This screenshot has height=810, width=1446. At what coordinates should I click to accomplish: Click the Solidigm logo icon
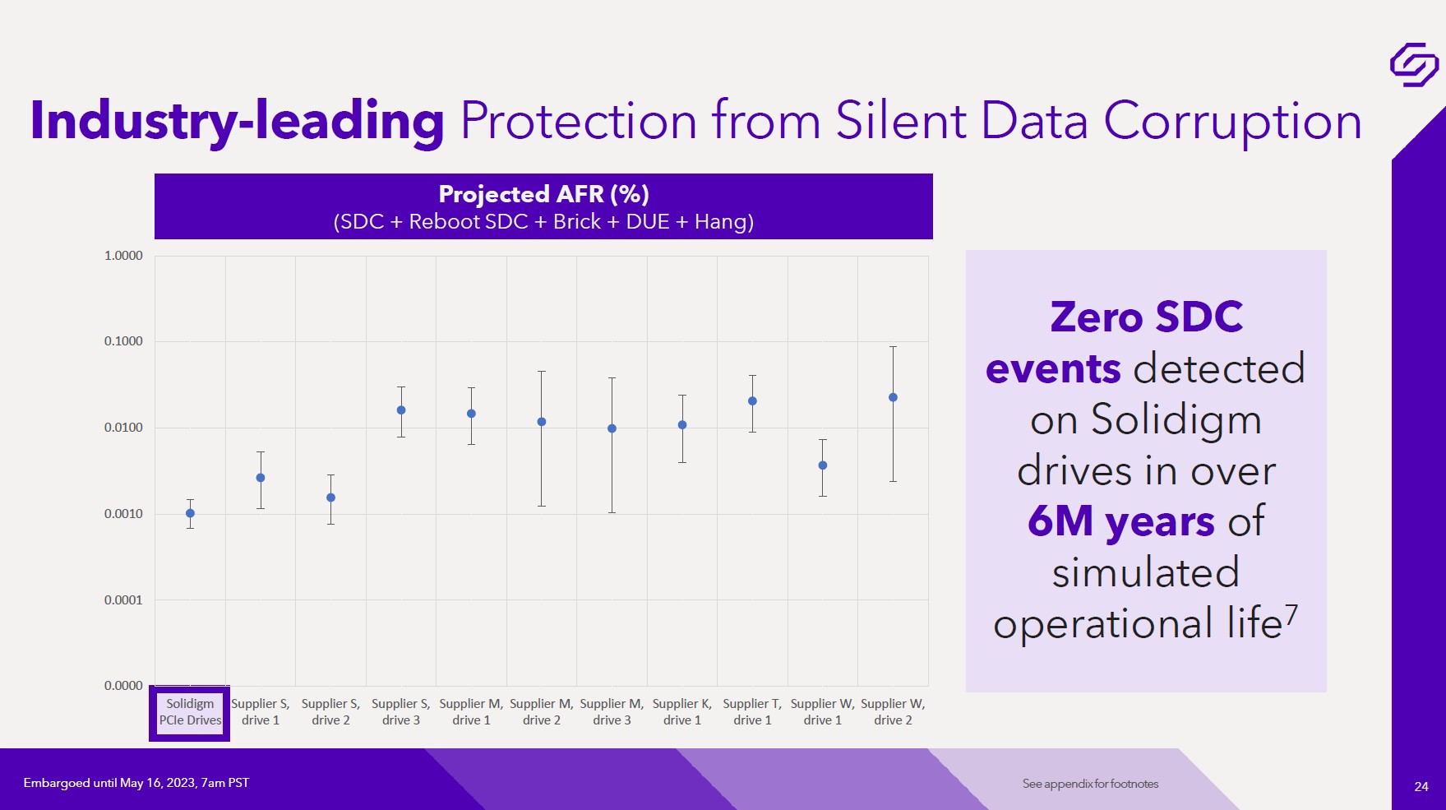click(1413, 64)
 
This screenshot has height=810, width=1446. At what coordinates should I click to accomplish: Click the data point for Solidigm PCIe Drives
click(190, 513)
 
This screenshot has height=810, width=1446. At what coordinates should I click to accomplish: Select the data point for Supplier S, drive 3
click(401, 410)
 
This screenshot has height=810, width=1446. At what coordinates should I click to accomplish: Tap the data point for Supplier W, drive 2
click(893, 397)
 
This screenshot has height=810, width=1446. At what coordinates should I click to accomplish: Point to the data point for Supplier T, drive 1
click(752, 401)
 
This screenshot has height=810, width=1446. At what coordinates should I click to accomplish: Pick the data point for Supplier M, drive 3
click(612, 428)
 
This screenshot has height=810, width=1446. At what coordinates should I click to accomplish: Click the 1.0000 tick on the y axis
click(123, 256)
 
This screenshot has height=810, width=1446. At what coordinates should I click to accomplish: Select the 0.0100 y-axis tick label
click(123, 428)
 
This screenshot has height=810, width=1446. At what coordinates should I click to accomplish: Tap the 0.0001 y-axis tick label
click(123, 600)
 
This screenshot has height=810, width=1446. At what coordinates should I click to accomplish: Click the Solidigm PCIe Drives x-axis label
click(190, 712)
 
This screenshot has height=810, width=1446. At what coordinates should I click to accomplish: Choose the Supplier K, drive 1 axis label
click(682, 712)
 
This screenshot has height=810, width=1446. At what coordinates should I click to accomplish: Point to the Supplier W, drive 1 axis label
click(822, 712)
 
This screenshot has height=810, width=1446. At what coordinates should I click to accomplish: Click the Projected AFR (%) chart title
click(543, 194)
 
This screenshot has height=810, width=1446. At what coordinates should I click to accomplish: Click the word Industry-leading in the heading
click(237, 121)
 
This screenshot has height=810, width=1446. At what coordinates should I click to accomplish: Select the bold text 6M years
click(1120, 521)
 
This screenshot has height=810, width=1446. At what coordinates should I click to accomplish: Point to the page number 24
click(1421, 786)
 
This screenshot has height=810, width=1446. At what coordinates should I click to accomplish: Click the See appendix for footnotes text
click(1090, 784)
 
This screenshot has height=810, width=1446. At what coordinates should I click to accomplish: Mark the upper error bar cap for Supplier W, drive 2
click(893, 347)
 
